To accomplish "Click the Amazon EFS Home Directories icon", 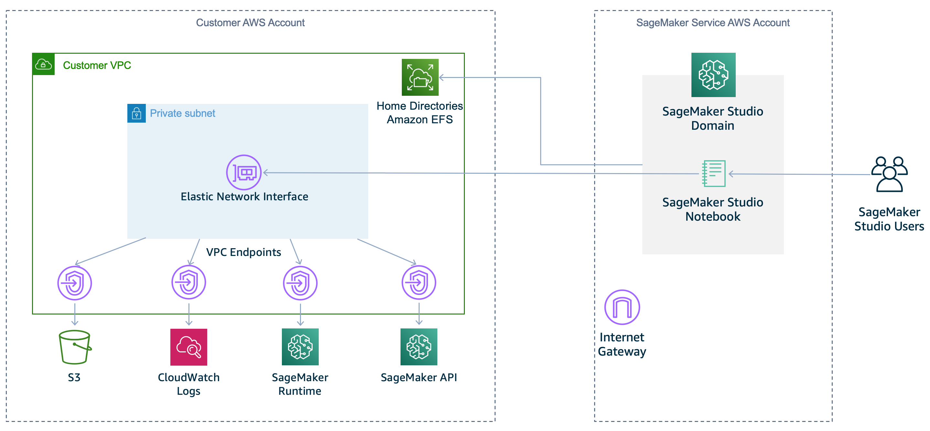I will [x=420, y=77].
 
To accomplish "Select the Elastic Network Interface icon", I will [x=244, y=172].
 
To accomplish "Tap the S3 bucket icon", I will [x=75, y=347].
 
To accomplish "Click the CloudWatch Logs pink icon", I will [x=188, y=347].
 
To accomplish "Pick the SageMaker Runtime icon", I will [x=300, y=347].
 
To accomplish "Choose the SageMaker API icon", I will [x=419, y=347].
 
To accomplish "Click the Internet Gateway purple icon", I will [x=622, y=307].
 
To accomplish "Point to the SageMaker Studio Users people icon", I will [x=889, y=174].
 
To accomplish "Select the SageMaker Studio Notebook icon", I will [x=713, y=173].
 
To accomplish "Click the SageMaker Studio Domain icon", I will [x=713, y=75].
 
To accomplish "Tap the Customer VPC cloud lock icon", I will [x=43, y=65].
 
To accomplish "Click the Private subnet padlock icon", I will [x=136, y=114].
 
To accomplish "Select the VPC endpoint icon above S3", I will [x=75, y=283].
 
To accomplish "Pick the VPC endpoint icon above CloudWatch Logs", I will [x=188, y=282].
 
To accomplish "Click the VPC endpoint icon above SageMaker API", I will [x=419, y=282].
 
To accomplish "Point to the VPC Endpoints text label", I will [x=243, y=252].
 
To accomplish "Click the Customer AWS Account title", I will [x=250, y=23].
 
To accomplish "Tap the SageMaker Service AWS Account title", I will [x=713, y=23].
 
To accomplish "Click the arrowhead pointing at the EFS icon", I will [x=441, y=77].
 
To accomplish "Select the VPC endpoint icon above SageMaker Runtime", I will [x=300, y=283].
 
